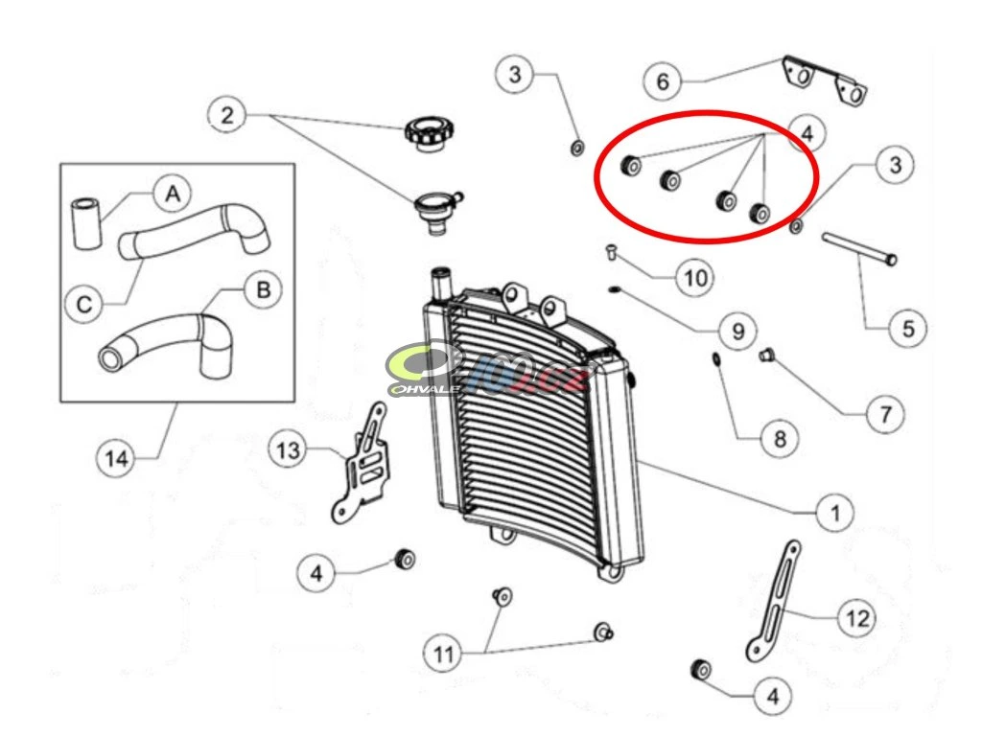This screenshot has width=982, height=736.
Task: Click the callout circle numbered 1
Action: (834, 513)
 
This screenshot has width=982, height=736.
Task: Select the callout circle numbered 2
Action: (226, 116)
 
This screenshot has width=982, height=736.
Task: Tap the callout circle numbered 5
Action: (907, 330)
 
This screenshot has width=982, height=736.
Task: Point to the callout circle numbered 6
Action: (663, 81)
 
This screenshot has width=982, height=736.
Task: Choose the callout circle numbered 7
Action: (884, 415)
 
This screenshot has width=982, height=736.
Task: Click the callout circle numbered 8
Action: (779, 439)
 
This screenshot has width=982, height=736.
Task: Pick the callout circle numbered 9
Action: (737, 331)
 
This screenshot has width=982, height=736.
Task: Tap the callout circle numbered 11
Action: (443, 655)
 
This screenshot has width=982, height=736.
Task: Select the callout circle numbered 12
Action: (856, 618)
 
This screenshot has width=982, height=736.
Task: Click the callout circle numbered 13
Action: (289, 449)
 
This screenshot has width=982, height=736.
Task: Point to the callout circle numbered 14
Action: (117, 459)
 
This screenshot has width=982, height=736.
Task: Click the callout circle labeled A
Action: (172, 195)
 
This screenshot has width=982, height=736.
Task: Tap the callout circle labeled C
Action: (85, 305)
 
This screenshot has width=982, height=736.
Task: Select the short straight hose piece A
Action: (85, 223)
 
